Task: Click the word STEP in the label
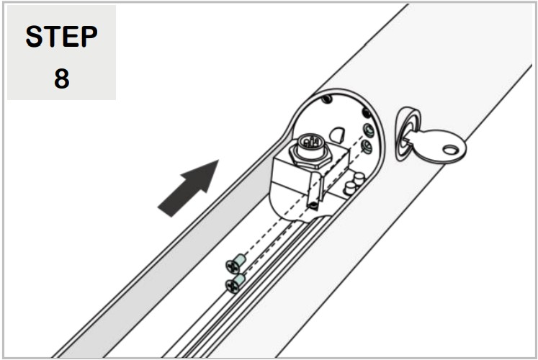[61, 37]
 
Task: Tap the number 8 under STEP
[61, 78]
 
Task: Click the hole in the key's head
[451, 150]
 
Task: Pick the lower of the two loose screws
[234, 283]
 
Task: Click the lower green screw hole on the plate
[365, 146]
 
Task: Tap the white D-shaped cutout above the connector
[336, 133]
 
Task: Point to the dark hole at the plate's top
[328, 99]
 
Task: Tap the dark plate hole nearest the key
[366, 112]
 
